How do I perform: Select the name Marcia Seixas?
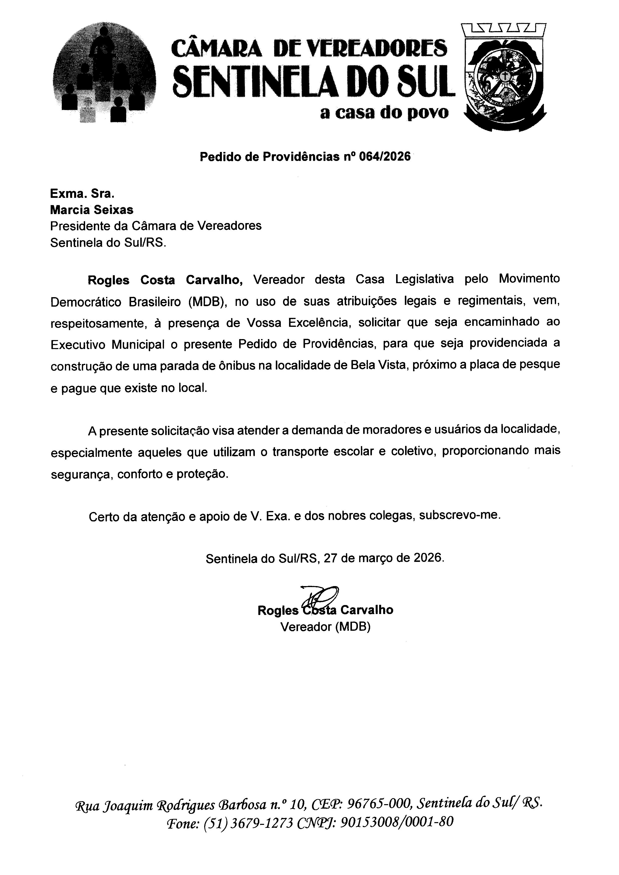(92, 210)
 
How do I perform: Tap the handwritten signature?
(319, 597)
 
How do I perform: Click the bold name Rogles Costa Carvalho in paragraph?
(165, 280)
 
